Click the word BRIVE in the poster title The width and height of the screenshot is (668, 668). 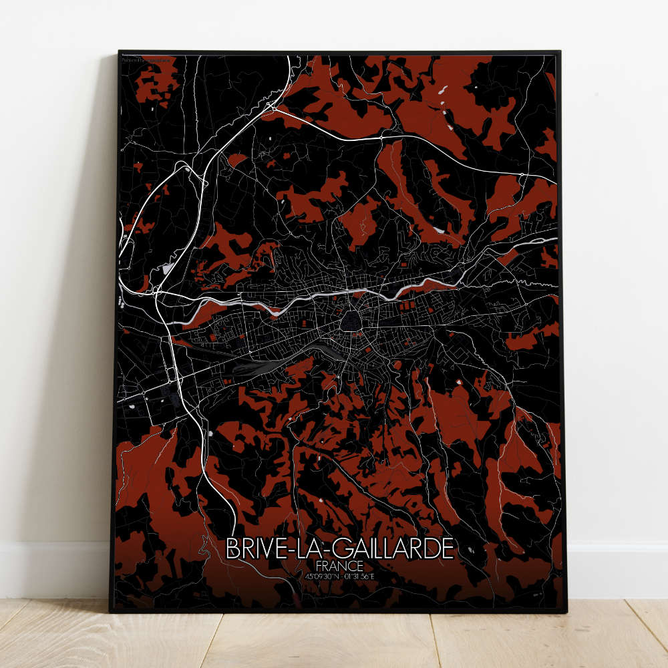(x=253, y=548)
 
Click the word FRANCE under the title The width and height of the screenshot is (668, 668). (x=340, y=566)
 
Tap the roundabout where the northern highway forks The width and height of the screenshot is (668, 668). (x=272, y=106)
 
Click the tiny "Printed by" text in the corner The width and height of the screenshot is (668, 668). (x=146, y=60)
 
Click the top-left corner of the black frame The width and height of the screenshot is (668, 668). (x=119, y=51)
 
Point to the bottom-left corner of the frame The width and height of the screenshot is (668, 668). (x=110, y=611)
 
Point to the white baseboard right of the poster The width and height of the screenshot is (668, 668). (x=615, y=568)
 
